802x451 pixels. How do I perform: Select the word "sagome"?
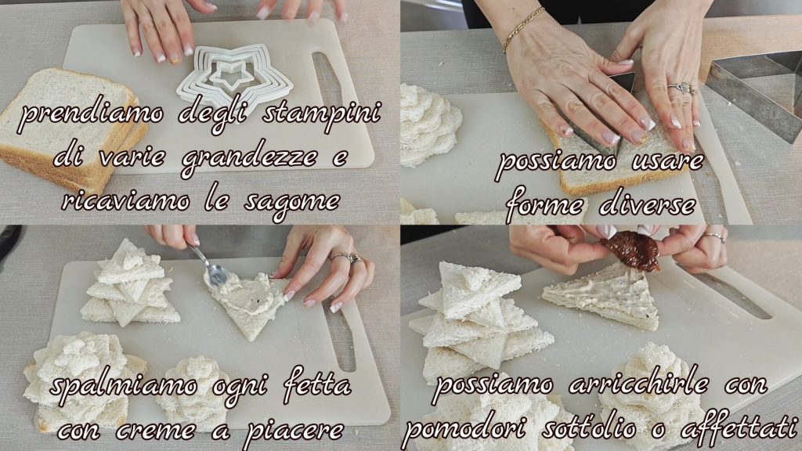click(292, 201)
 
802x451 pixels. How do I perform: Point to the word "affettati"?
click(739, 426)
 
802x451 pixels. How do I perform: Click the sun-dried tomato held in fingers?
click(632, 250)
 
